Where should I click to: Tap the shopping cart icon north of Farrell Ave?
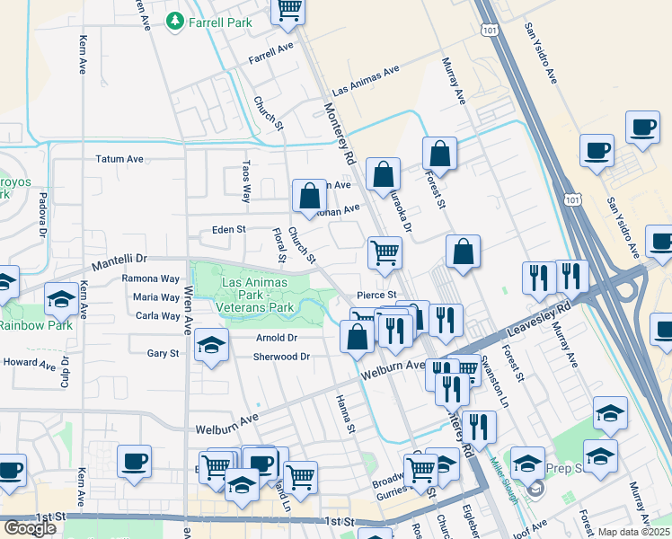click(288, 10)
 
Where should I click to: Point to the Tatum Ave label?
click(119, 159)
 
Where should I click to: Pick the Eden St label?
click(228, 230)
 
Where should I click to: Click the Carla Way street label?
click(156, 316)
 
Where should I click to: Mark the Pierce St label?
click(376, 295)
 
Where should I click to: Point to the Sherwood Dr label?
click(280, 357)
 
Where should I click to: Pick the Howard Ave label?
click(30, 363)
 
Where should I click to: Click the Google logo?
click(30, 528)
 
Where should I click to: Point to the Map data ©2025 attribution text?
click(632, 532)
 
